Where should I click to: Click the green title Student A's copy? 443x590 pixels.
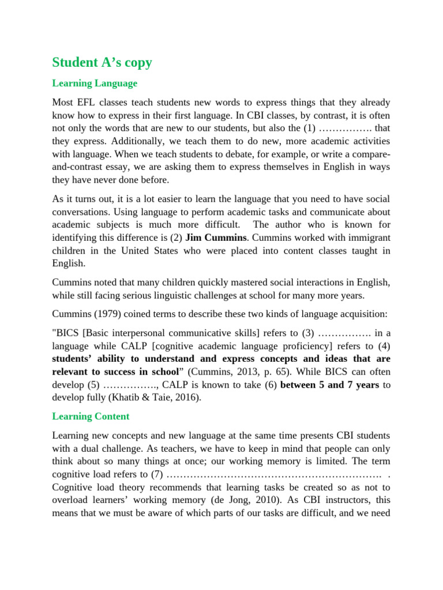click(102, 62)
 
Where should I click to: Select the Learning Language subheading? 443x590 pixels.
click(95, 83)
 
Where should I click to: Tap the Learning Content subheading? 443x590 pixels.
click(91, 416)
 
